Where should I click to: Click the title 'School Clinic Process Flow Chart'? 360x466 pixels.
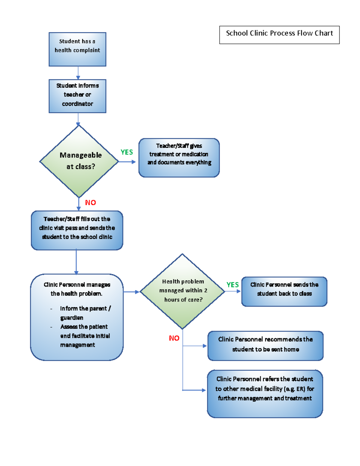click(279, 33)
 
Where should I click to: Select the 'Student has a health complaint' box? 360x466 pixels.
click(77, 49)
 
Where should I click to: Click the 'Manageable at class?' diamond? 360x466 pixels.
click(79, 161)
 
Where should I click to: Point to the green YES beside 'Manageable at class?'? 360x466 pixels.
click(127, 152)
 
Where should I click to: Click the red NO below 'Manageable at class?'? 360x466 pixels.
click(90, 203)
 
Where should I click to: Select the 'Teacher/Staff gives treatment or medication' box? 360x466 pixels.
click(179, 158)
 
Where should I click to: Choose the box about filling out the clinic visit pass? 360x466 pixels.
click(77, 230)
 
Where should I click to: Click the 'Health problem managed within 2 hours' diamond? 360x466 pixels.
click(182, 291)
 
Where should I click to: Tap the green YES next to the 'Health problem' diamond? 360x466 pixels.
click(232, 285)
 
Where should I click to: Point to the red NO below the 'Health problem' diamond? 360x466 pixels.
click(174, 338)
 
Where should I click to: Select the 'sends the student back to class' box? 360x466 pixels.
click(284, 291)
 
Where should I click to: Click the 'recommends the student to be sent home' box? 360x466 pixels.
click(265, 346)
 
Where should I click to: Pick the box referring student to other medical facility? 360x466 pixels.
click(265, 393)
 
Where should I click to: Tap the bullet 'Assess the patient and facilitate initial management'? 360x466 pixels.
click(85, 336)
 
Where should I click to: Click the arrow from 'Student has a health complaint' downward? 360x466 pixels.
click(78, 73)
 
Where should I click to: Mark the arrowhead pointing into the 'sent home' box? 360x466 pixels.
click(205, 346)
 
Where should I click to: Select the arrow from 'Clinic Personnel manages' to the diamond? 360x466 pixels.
click(131, 292)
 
